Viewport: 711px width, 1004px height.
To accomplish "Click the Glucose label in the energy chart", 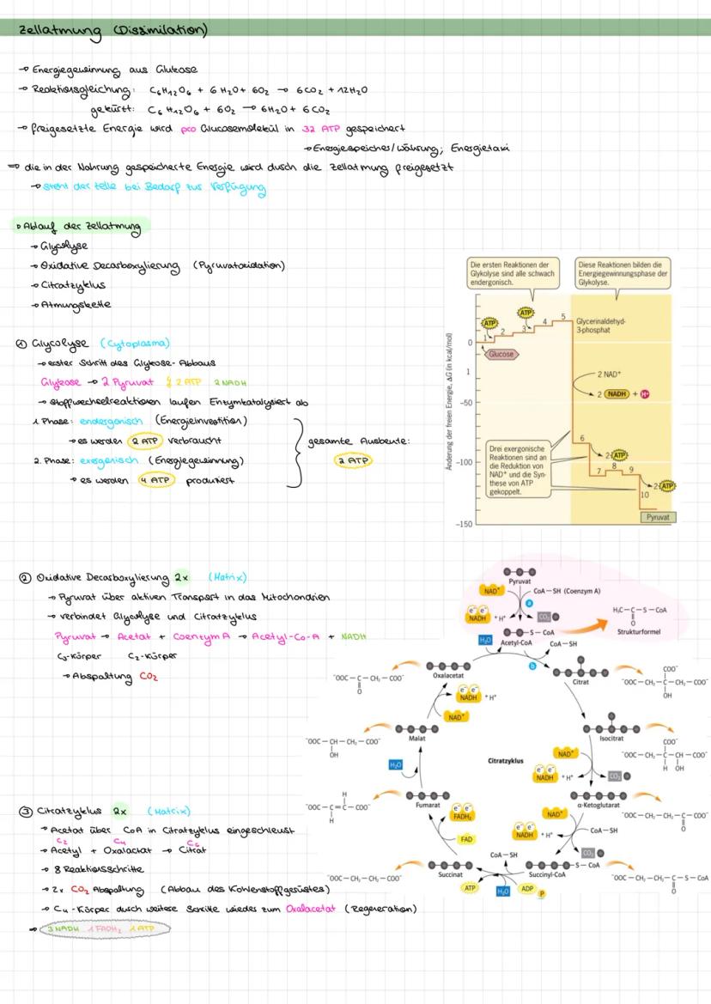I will [x=501, y=354].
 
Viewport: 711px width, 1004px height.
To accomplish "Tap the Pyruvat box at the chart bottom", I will [x=657, y=518].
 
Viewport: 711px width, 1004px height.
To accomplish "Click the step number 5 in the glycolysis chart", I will [x=562, y=317].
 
